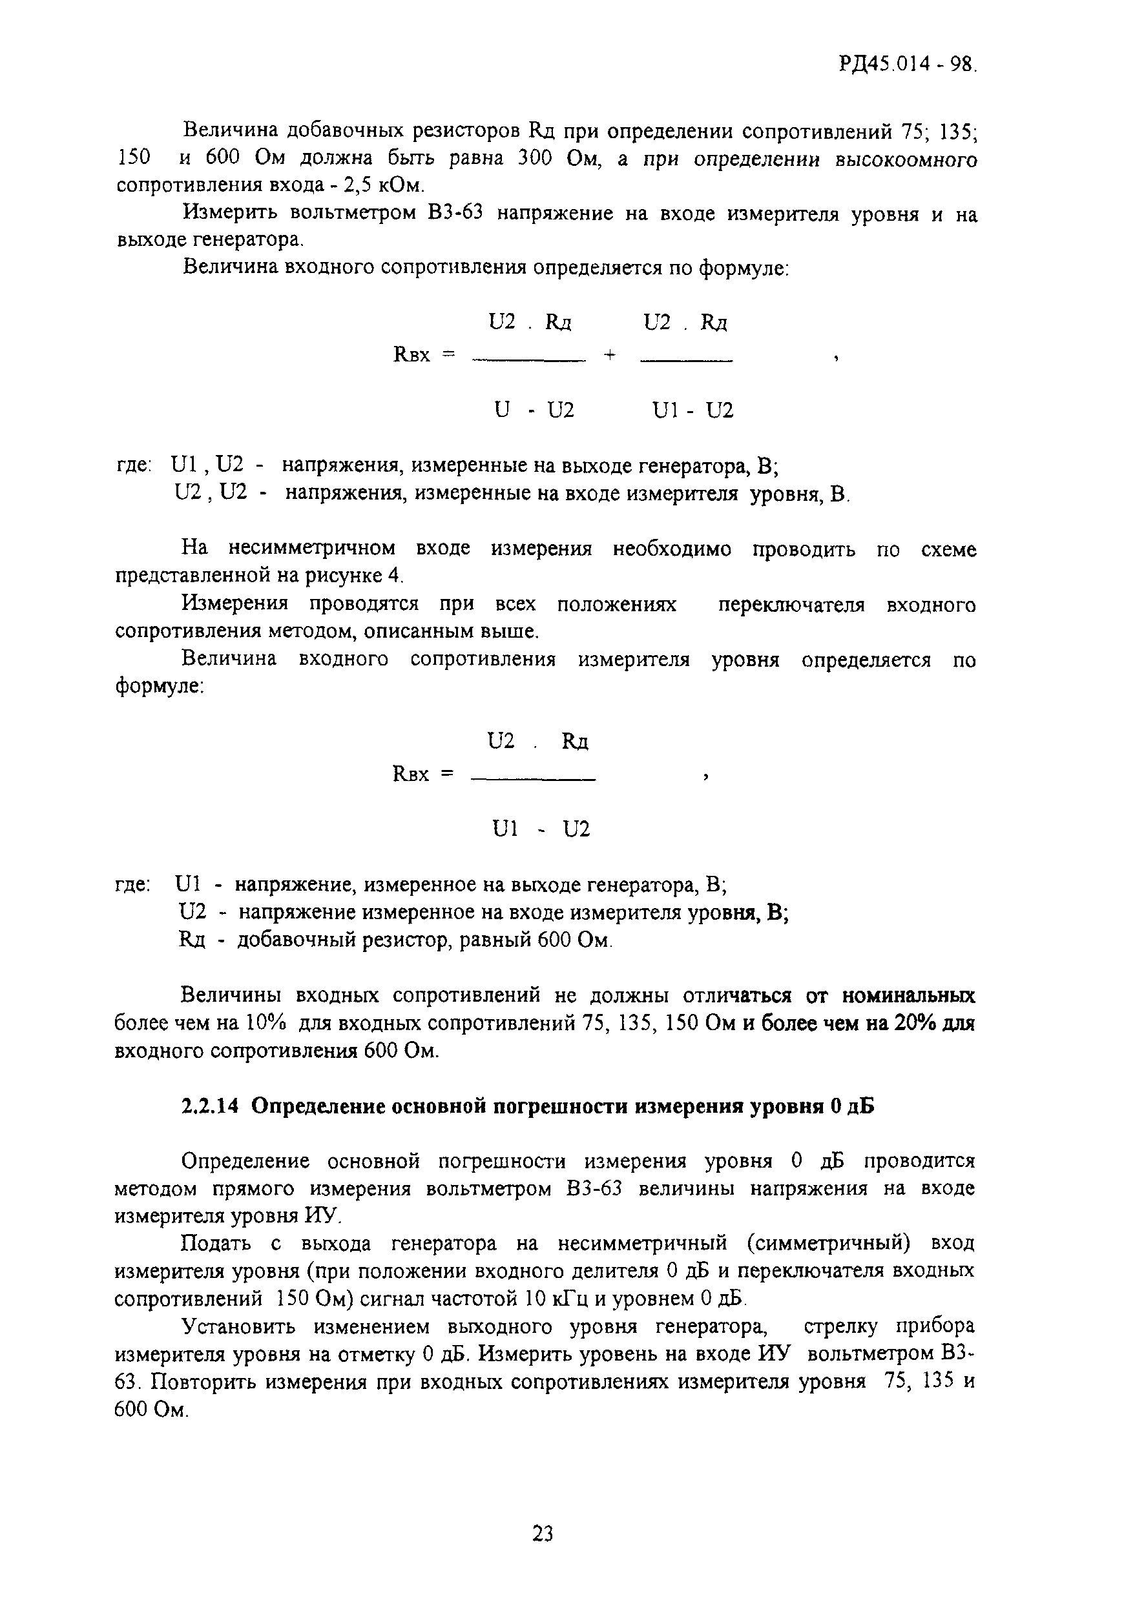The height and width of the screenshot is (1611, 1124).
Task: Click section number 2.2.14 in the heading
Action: tap(210, 1106)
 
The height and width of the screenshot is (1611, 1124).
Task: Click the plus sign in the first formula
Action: tap(609, 356)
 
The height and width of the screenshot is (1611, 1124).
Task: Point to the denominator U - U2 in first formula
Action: tap(534, 410)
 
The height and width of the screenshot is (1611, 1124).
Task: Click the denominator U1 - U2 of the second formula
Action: tap(541, 829)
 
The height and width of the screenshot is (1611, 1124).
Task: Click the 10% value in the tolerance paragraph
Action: tap(265, 1024)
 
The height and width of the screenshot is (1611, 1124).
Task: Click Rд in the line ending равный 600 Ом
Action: tap(192, 940)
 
